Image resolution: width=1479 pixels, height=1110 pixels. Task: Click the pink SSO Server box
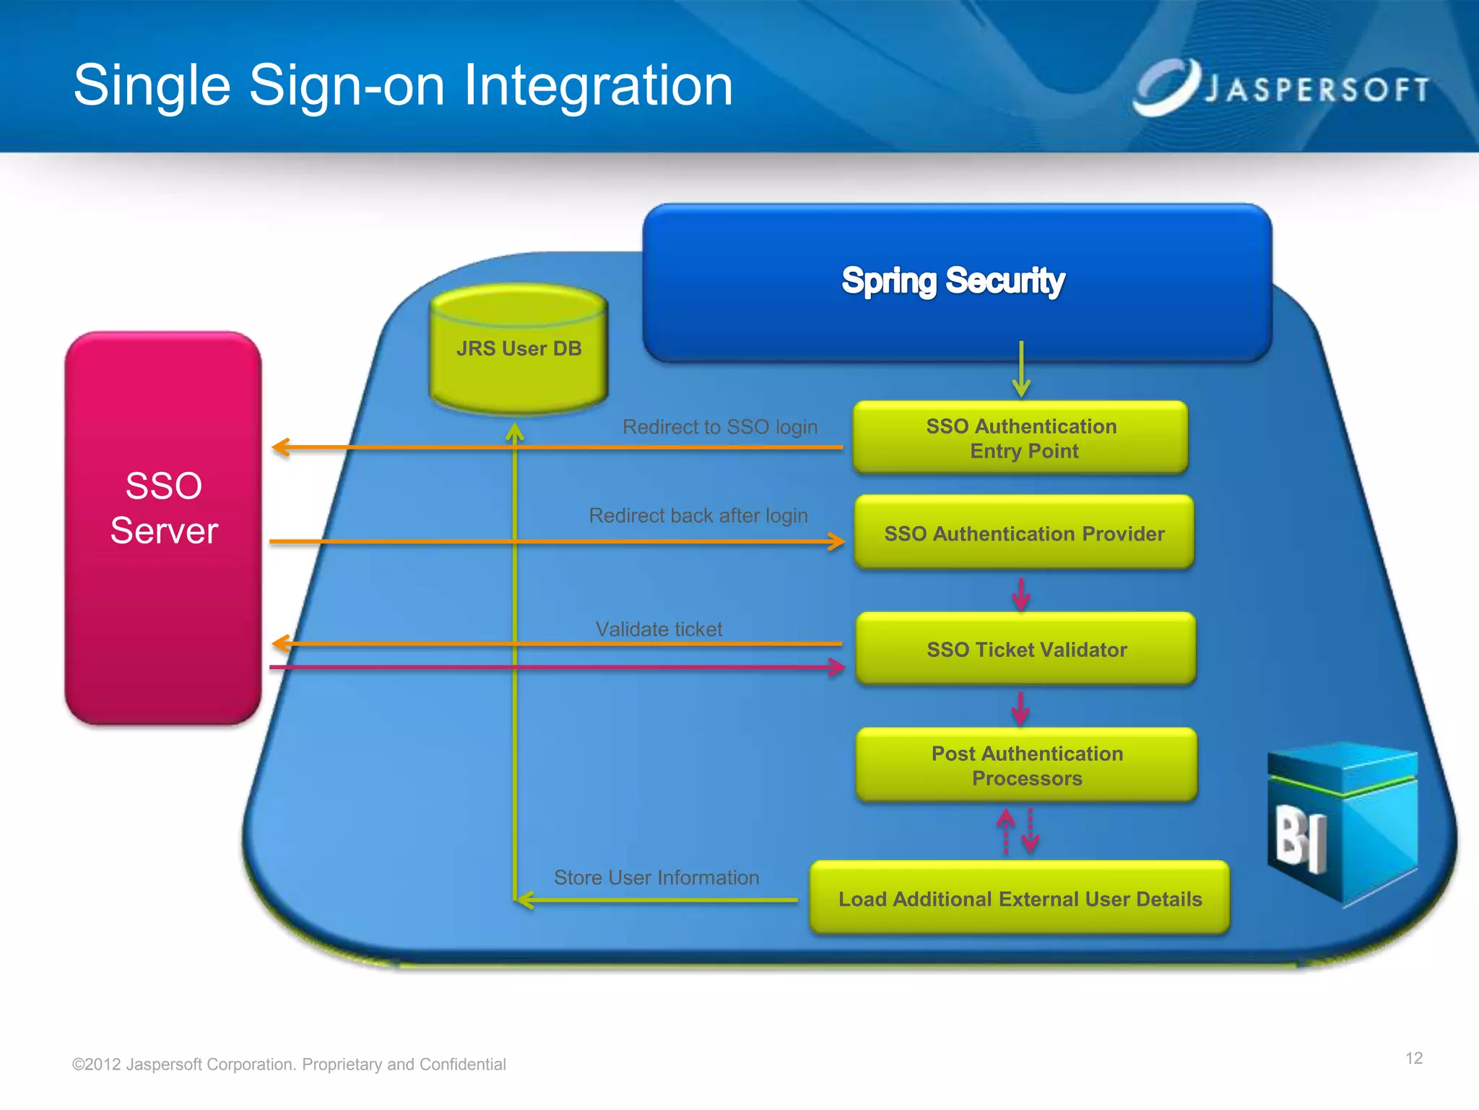163,528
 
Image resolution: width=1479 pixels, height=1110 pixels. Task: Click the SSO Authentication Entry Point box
1021,438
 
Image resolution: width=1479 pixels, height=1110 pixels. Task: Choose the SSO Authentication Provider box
1024,533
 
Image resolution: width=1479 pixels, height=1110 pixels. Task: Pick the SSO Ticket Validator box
1026,649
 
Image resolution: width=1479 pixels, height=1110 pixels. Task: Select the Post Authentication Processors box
1027,765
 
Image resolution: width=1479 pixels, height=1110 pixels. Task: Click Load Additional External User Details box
1020,898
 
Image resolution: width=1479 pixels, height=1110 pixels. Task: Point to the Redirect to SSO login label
720,427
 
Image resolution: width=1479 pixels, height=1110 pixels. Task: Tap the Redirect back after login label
698,515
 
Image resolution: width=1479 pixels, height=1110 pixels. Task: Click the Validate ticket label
659,629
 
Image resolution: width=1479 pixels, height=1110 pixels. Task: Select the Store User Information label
656,877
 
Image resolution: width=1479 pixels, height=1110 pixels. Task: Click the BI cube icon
1342,824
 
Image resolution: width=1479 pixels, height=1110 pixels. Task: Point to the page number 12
1413,1058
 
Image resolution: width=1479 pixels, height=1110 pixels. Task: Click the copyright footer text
289,1064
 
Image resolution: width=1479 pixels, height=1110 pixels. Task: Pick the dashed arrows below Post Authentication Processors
1018,831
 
